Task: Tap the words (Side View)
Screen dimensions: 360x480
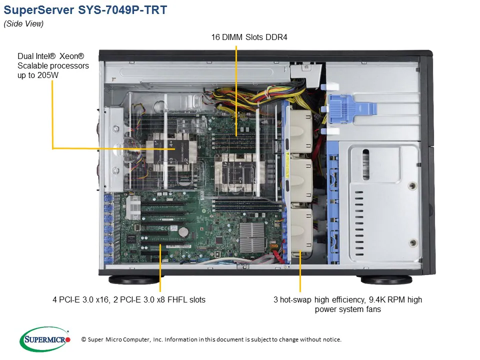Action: click(23, 24)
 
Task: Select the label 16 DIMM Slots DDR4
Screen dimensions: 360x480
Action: click(249, 36)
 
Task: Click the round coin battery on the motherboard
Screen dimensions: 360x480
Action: click(183, 231)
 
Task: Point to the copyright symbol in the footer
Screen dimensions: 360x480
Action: click(83, 339)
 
